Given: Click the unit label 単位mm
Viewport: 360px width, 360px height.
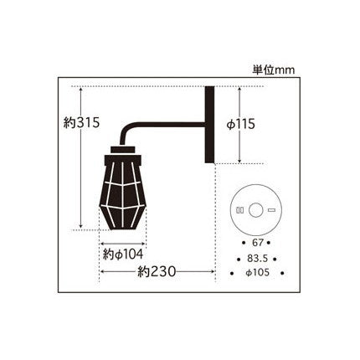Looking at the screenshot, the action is (274, 69).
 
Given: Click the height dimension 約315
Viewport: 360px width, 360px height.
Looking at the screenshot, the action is (81, 122).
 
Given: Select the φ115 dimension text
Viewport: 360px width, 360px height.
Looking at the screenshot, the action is (241, 124).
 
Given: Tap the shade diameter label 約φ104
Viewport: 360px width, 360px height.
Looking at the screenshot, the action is (123, 255).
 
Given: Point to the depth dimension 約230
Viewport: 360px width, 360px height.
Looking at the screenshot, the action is (157, 271).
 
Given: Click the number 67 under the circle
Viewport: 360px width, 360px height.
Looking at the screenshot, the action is (257, 243).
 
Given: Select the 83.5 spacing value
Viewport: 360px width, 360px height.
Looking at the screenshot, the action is (257, 259).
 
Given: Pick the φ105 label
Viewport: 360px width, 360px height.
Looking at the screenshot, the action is (258, 273).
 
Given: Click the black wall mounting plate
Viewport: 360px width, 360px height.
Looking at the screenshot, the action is (209, 125).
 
